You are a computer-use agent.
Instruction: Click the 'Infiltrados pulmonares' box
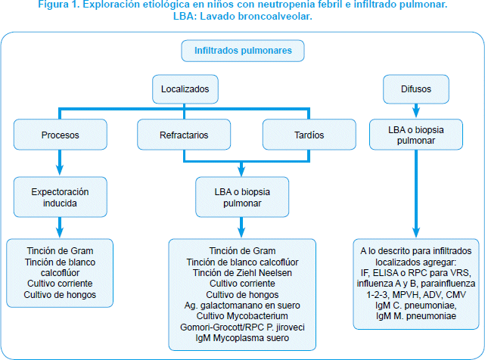pos(243,51)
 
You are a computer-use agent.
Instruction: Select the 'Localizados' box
pos(185,89)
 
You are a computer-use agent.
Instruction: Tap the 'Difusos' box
pos(416,89)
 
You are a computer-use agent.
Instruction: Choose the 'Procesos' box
pos(61,135)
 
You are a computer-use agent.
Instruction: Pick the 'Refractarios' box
pos(184,135)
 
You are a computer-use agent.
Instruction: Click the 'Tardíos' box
pos(309,135)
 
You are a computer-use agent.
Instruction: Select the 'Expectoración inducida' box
pos(61,197)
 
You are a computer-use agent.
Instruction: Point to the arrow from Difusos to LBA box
pos(416,110)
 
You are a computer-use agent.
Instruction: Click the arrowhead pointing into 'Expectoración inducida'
pos(60,171)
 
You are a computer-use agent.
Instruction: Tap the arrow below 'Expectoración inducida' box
pos(60,228)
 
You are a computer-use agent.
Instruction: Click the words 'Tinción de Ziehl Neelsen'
pos(242,273)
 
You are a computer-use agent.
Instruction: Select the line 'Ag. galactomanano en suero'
pos(242,306)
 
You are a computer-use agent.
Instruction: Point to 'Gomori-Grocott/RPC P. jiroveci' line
pos(242,327)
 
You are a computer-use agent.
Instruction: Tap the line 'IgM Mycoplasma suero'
pos(242,338)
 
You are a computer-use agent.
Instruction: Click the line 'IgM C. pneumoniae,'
pos(416,306)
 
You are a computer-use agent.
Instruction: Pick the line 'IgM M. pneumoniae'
pos(416,316)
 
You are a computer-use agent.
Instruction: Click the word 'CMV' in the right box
pos(455,294)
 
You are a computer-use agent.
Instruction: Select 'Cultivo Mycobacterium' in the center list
pos(242,316)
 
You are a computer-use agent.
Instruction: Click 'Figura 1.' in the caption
pos(58,5)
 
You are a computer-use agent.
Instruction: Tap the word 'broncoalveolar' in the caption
pos(275,16)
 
